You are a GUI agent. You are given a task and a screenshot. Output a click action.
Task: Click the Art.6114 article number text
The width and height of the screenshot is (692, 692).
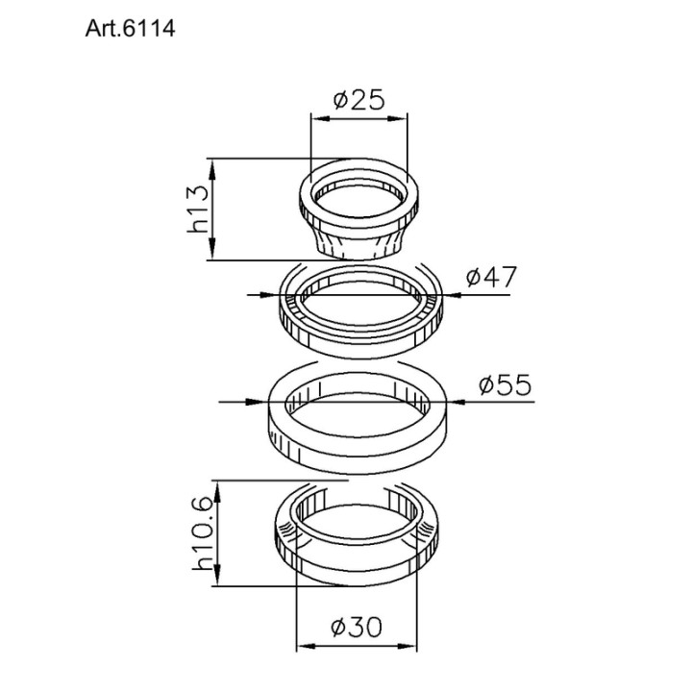[130, 29]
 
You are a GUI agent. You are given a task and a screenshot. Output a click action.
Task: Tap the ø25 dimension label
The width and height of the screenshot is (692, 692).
[359, 100]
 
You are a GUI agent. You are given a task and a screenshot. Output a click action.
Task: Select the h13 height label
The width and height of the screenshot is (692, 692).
[197, 209]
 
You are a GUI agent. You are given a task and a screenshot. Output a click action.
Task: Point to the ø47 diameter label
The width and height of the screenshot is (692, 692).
[491, 277]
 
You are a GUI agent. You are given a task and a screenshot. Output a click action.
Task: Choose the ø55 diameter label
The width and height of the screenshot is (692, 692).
[506, 384]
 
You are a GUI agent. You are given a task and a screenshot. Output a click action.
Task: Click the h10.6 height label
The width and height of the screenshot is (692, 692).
[203, 533]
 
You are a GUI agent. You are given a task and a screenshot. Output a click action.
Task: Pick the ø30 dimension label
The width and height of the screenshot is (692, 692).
[357, 627]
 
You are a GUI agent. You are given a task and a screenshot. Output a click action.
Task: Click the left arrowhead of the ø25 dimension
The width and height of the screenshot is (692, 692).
[320, 118]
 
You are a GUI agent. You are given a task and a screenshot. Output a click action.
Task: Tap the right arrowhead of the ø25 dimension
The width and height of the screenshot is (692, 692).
[398, 118]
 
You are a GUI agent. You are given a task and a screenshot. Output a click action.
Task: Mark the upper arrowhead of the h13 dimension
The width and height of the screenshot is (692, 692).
[212, 168]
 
